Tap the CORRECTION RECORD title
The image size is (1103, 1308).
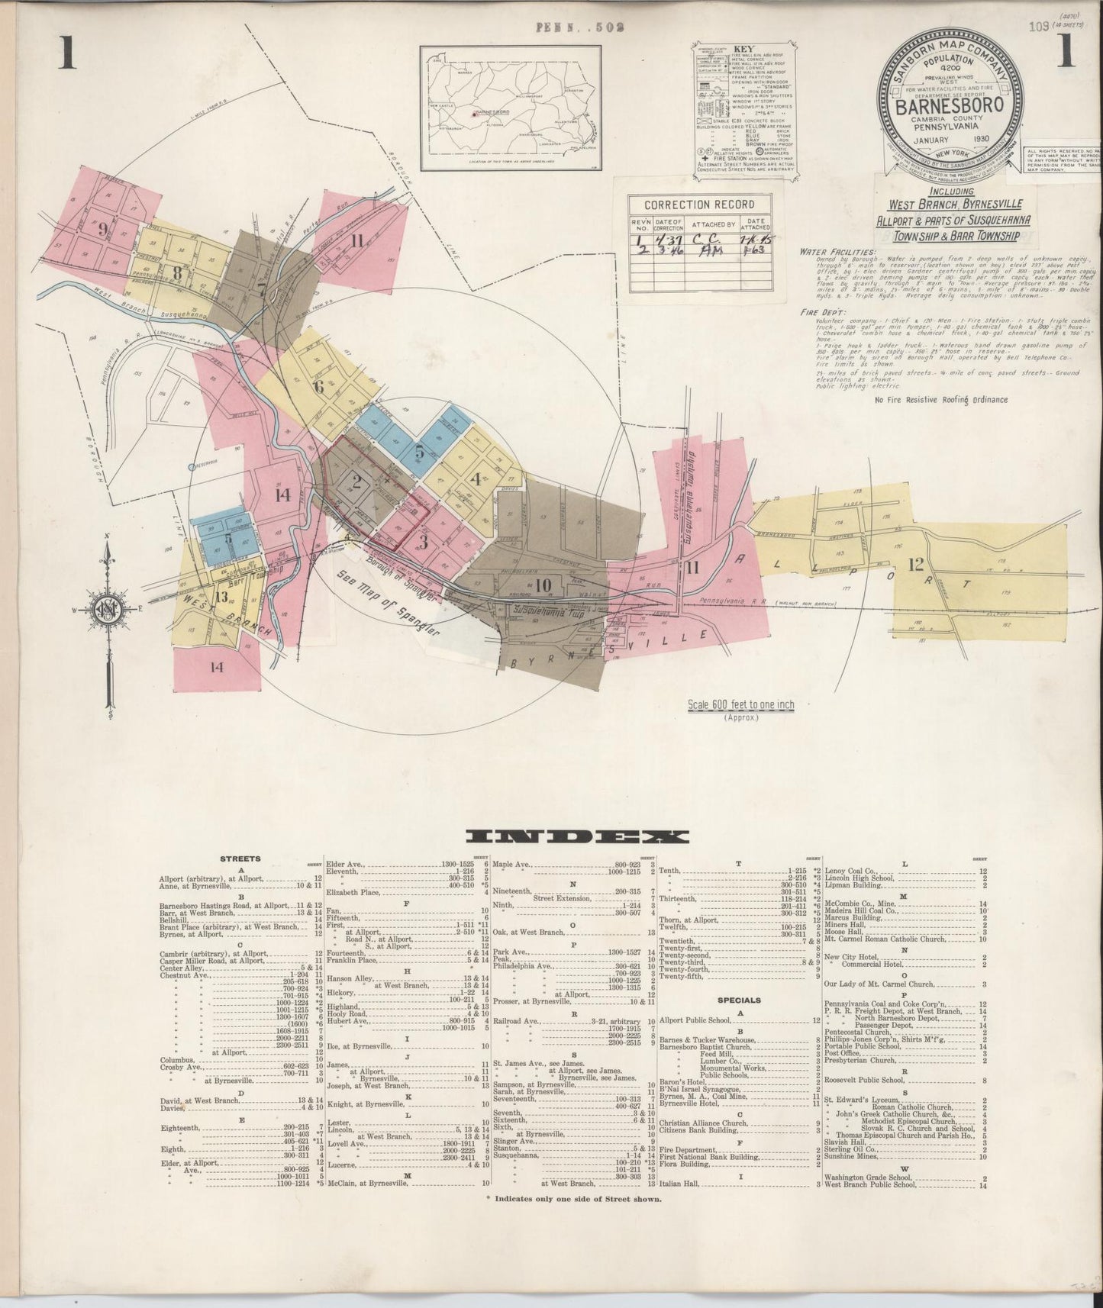[x=699, y=205]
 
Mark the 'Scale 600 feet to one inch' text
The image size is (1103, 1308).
[x=740, y=705]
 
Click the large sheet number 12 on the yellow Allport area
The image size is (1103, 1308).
[x=916, y=565]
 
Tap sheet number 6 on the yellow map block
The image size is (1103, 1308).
[x=319, y=386]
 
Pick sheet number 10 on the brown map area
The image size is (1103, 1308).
[x=543, y=585]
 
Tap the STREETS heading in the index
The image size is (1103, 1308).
[x=240, y=859]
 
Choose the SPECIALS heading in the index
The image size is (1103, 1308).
[x=739, y=1000]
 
